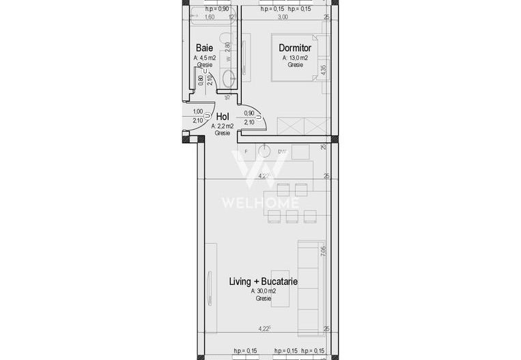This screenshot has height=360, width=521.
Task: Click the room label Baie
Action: tap(203, 48)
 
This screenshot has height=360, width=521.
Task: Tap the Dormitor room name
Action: tap(295, 48)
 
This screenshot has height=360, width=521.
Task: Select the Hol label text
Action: tap(222, 117)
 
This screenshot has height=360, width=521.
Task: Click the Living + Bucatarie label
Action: tap(263, 281)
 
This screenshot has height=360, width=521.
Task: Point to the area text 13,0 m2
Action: tap(295, 58)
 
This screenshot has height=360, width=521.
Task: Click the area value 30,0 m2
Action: tap(263, 290)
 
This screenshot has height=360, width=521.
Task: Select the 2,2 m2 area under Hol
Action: tap(222, 126)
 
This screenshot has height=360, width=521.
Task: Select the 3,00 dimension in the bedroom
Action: tap(283, 16)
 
